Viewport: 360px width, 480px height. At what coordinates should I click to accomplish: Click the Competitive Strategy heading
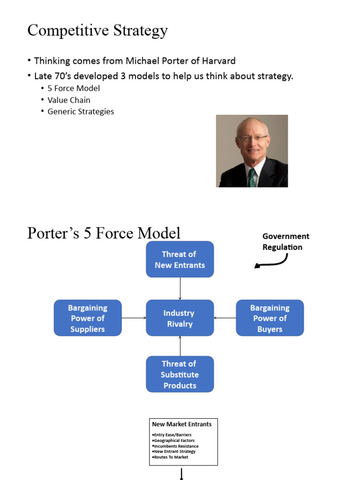[97, 30]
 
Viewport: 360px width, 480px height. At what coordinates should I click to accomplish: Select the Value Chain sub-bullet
[69, 100]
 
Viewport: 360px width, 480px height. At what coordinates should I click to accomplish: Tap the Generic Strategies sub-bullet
[81, 112]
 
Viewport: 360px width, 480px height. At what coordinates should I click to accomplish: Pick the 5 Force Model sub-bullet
[74, 88]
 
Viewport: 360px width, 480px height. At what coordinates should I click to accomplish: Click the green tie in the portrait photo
[253, 178]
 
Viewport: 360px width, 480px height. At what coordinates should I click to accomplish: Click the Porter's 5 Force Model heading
[104, 233]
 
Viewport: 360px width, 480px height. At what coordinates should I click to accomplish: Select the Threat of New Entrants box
[180, 260]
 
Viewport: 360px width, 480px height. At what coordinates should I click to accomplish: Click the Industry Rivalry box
[180, 318]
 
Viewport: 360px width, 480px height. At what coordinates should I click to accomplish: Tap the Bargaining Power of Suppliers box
[88, 318]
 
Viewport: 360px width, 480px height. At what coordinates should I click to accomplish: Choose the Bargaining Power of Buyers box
[270, 318]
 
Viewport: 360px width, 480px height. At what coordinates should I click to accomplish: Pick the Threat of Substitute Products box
[180, 375]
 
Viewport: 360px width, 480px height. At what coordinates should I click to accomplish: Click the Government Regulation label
[285, 241]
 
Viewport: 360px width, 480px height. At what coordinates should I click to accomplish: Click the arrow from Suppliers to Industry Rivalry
[134, 318]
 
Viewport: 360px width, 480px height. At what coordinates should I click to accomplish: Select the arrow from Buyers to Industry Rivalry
[225, 318]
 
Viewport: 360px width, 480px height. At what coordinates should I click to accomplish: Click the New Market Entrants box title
[182, 424]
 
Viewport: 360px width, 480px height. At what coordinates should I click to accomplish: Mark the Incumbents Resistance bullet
[176, 446]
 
